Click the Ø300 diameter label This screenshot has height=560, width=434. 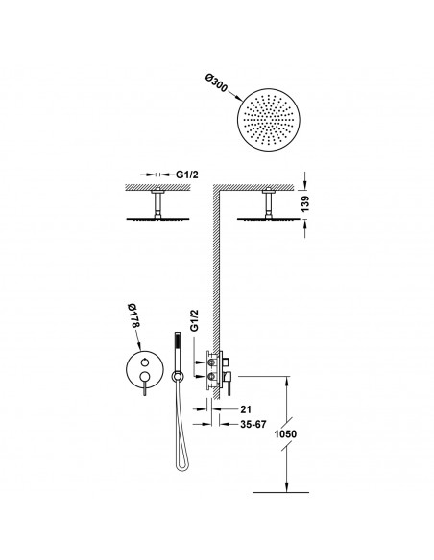[216, 82]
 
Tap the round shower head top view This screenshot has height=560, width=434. [269, 119]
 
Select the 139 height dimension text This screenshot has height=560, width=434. [305, 203]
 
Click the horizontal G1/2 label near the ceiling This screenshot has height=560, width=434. [187, 175]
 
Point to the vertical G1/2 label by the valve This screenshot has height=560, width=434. [194, 321]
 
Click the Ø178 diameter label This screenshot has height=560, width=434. [133, 315]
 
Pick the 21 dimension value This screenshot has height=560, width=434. [246, 409]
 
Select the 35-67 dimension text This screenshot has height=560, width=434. [253, 424]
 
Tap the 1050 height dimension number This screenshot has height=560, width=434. [285, 434]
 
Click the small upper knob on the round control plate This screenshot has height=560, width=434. [144, 362]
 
